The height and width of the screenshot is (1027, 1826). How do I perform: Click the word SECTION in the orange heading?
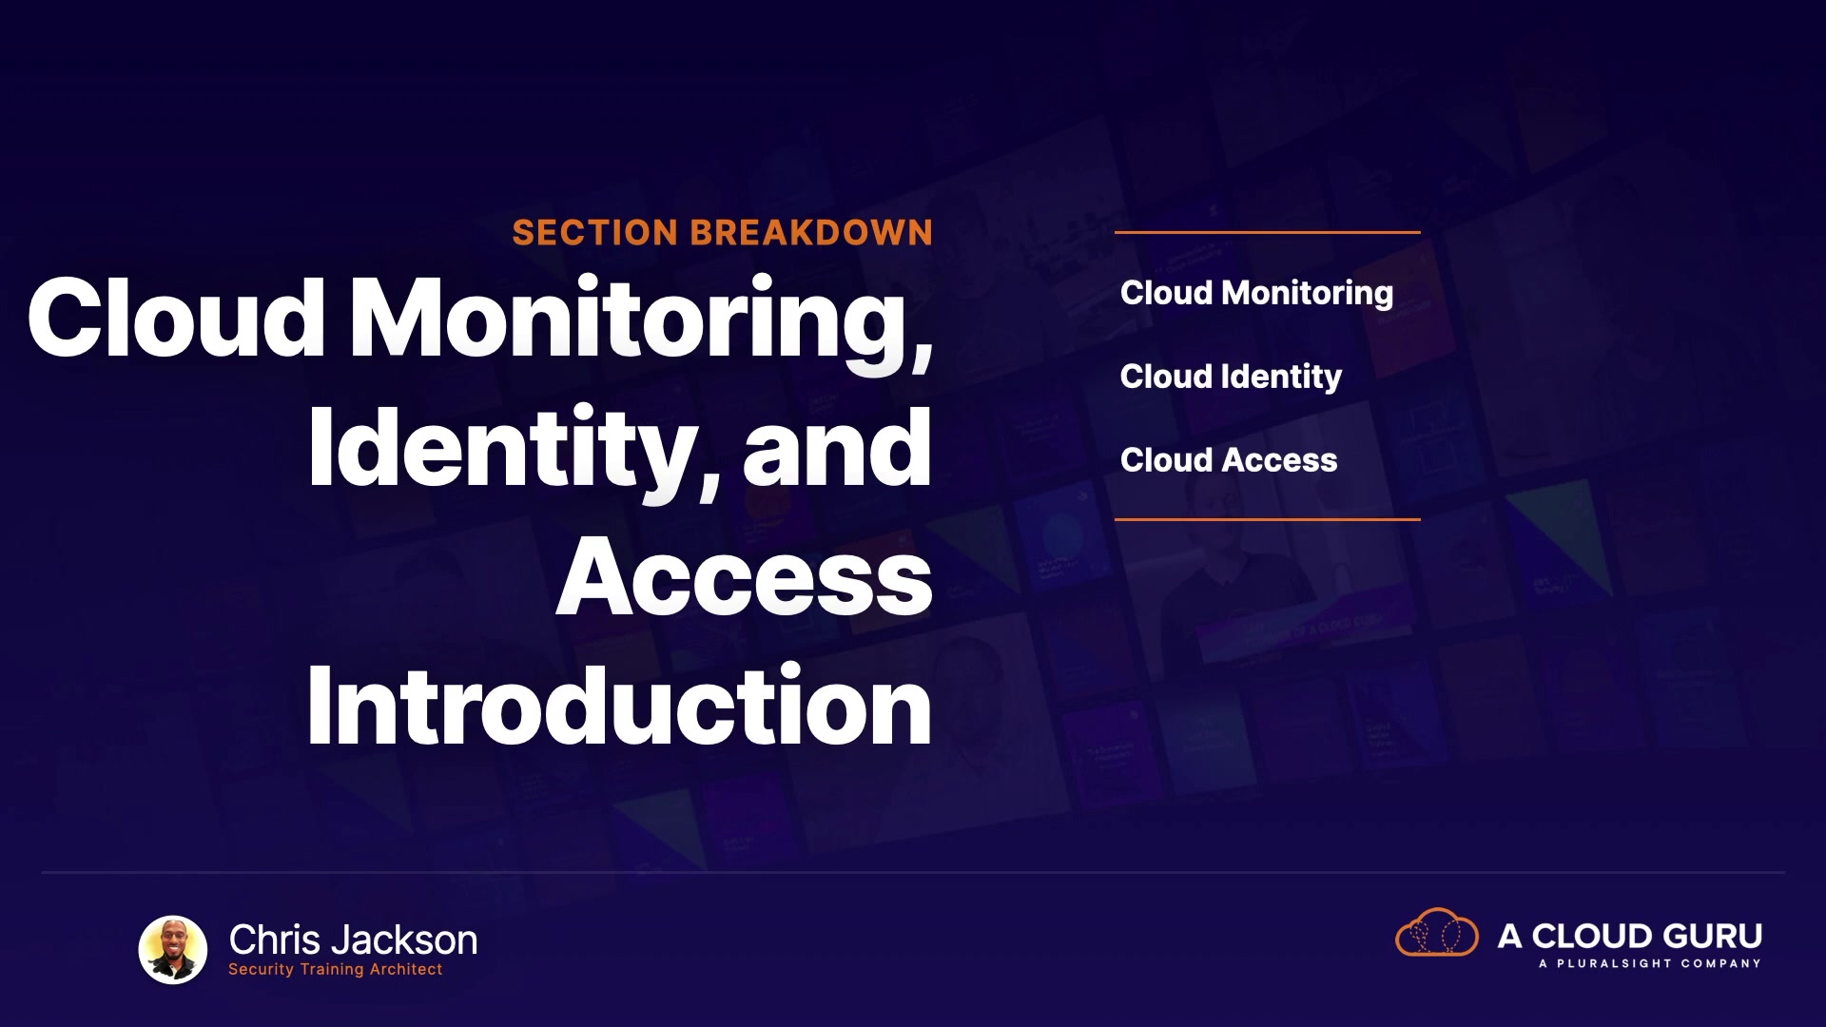(595, 233)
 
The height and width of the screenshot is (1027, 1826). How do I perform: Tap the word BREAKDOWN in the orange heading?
(811, 233)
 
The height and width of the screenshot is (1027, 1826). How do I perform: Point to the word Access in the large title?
(745, 577)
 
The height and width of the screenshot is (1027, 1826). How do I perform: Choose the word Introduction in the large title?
(619, 705)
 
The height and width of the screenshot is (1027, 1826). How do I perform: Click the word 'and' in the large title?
(837, 447)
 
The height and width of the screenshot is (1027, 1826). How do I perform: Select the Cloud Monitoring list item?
(1257, 294)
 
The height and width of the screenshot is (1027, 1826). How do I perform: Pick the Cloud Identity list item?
(1232, 378)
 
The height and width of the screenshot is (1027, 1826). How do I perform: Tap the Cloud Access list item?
(1229, 460)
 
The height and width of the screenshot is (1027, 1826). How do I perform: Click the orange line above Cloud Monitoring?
(1268, 232)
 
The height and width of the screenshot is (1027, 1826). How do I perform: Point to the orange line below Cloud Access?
(1268, 519)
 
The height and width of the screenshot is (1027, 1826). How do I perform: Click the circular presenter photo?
(173, 950)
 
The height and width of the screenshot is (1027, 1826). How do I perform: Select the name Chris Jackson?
(353, 940)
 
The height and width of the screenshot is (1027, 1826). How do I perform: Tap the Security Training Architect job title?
(336, 969)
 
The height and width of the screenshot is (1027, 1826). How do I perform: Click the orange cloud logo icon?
(1437, 932)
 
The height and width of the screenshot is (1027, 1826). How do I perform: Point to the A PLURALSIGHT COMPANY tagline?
(1650, 964)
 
